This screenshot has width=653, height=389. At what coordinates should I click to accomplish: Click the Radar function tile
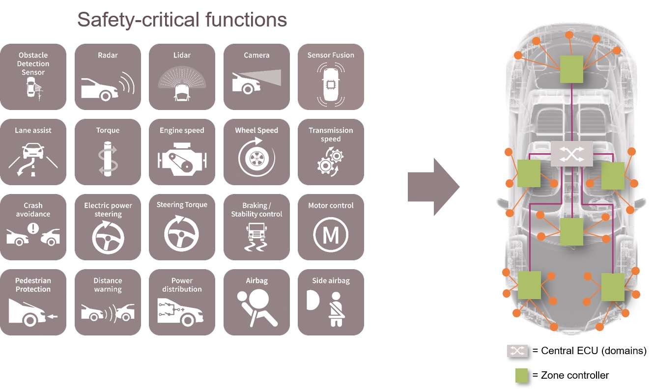click(108, 77)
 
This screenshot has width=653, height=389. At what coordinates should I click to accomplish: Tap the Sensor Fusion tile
click(331, 77)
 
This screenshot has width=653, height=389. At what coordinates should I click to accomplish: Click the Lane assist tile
click(33, 152)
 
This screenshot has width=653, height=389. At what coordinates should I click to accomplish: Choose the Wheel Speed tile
click(256, 152)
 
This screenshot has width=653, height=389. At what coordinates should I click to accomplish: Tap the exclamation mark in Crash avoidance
click(33, 228)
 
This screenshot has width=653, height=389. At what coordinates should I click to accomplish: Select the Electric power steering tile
click(108, 227)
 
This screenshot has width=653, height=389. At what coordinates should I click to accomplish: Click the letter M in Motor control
click(331, 236)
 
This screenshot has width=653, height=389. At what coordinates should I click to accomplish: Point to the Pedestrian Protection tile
click(33, 302)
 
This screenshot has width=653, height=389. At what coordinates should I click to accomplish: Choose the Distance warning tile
click(108, 302)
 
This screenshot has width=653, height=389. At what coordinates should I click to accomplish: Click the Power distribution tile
click(182, 302)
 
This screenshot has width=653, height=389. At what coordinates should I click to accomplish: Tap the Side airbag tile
click(331, 302)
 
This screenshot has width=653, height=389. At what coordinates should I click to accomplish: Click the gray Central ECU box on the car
click(572, 154)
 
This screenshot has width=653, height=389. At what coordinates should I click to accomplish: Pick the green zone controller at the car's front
click(572, 69)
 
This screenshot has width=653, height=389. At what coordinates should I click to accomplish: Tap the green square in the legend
click(521, 376)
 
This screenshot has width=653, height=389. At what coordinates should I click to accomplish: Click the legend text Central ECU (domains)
click(594, 351)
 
